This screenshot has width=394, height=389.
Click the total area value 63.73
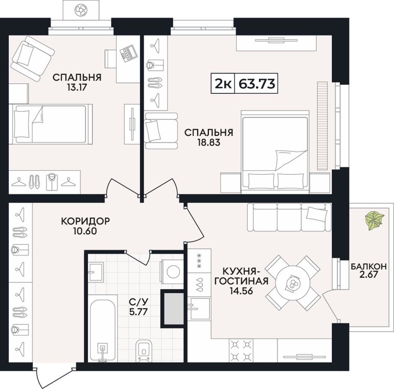(x=257, y=83)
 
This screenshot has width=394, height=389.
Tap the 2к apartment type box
(x=223, y=83)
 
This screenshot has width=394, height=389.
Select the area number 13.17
(x=77, y=88)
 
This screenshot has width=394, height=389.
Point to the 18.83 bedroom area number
(x=209, y=143)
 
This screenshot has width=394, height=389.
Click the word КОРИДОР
(x=85, y=221)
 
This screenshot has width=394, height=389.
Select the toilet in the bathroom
(x=144, y=351)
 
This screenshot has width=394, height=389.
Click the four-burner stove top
(x=241, y=350)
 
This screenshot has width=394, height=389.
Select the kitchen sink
(x=200, y=308)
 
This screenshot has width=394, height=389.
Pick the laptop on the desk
(x=128, y=53)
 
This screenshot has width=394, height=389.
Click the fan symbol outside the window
(x=81, y=10)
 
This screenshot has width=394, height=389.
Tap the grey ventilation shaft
(x=174, y=309)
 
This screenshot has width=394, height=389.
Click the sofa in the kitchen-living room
(x=289, y=217)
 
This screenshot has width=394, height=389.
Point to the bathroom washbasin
(x=95, y=271)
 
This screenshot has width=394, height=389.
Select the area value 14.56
(x=241, y=291)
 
